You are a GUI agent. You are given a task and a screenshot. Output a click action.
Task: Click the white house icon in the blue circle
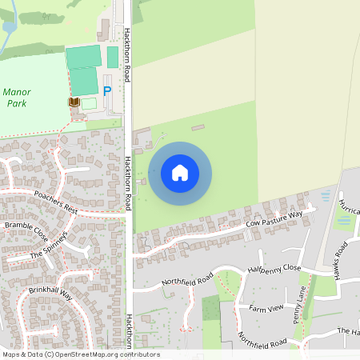180,172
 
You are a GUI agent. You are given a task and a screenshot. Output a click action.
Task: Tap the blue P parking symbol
106,92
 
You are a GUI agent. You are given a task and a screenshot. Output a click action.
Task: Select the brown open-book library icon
74,102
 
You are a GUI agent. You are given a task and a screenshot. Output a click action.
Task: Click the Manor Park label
17,98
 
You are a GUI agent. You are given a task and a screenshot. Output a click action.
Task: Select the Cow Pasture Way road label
274,219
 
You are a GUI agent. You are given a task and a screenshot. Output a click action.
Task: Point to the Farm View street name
266,307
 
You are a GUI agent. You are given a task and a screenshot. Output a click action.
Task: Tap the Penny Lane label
299,303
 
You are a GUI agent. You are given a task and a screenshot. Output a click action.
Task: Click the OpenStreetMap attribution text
80,354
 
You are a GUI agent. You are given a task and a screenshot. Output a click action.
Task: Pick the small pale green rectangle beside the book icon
89,103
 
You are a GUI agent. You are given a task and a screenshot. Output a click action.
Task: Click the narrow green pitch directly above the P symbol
113,57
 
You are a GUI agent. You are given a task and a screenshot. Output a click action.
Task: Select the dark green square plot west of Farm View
210,308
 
